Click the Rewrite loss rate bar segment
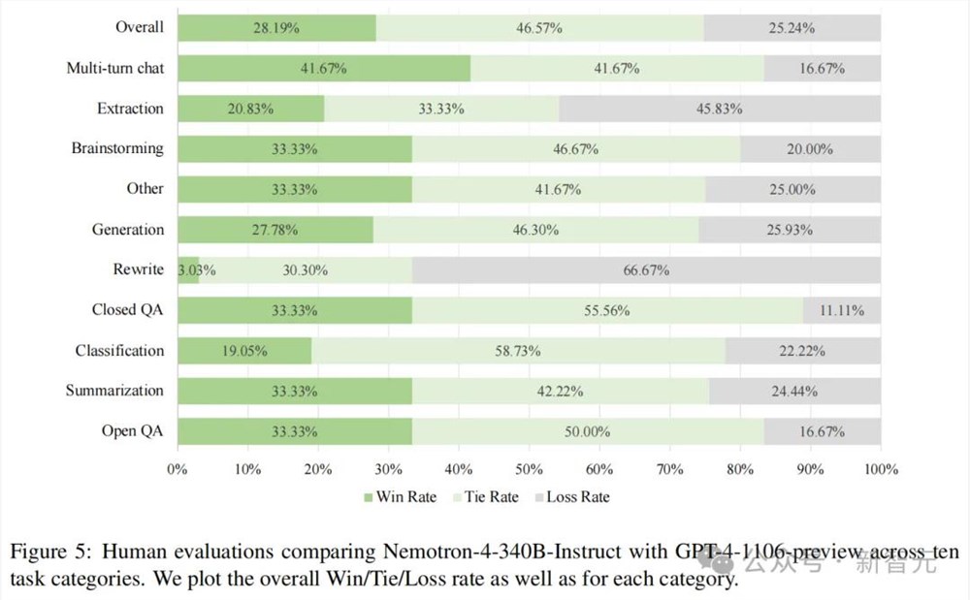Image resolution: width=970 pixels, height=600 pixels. [646, 269]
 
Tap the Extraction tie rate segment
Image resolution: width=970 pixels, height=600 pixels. [441, 109]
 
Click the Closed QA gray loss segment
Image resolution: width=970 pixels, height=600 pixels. [842, 310]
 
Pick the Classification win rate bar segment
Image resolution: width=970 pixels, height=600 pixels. [243, 351]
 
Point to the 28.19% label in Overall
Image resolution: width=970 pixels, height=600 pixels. [275, 27]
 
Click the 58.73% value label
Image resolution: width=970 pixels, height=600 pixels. [518, 351]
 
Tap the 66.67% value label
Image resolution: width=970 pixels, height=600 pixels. [646, 269]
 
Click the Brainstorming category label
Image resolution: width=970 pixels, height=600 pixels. [117, 148]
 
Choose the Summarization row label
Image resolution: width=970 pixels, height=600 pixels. [114, 391]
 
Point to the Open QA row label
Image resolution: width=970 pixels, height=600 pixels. [133, 430]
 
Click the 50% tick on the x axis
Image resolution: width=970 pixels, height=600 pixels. [529, 469]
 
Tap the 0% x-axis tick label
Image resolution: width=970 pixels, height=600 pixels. [177, 469]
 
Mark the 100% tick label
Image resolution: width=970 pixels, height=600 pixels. [880, 469]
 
